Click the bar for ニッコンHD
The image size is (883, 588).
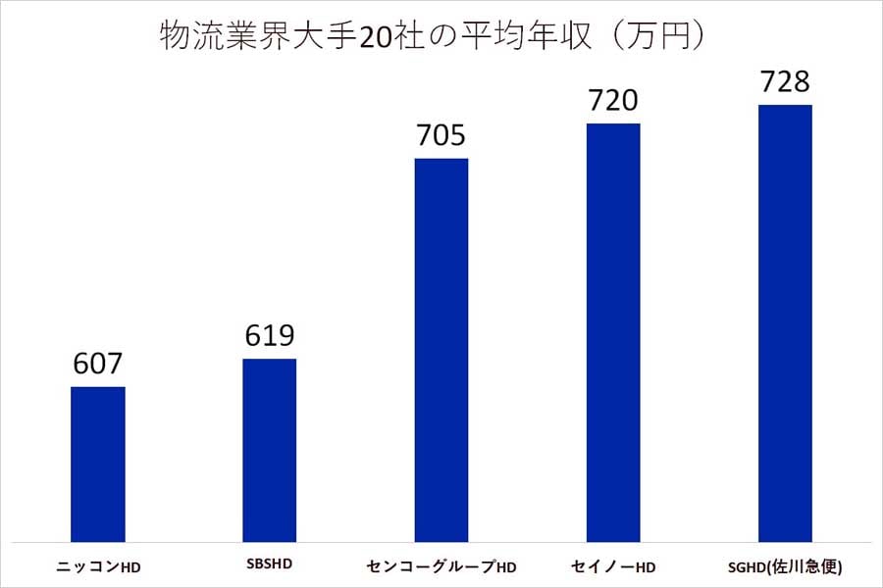pos(98,463)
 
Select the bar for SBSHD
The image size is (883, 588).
pos(269,449)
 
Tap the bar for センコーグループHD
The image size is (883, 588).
pos(441,349)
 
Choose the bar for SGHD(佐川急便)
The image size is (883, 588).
pos(784,322)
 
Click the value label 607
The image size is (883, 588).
pos(98,365)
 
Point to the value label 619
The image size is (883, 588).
pos(269,336)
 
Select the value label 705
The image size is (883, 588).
pos(441,135)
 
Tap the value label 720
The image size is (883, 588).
pos(612,101)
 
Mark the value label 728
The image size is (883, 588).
pos(784,82)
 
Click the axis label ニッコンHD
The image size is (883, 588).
pos(98,567)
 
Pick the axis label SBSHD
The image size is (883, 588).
pos(269,565)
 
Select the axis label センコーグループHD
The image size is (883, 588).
pos(441,567)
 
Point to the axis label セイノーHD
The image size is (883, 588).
pos(612,567)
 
